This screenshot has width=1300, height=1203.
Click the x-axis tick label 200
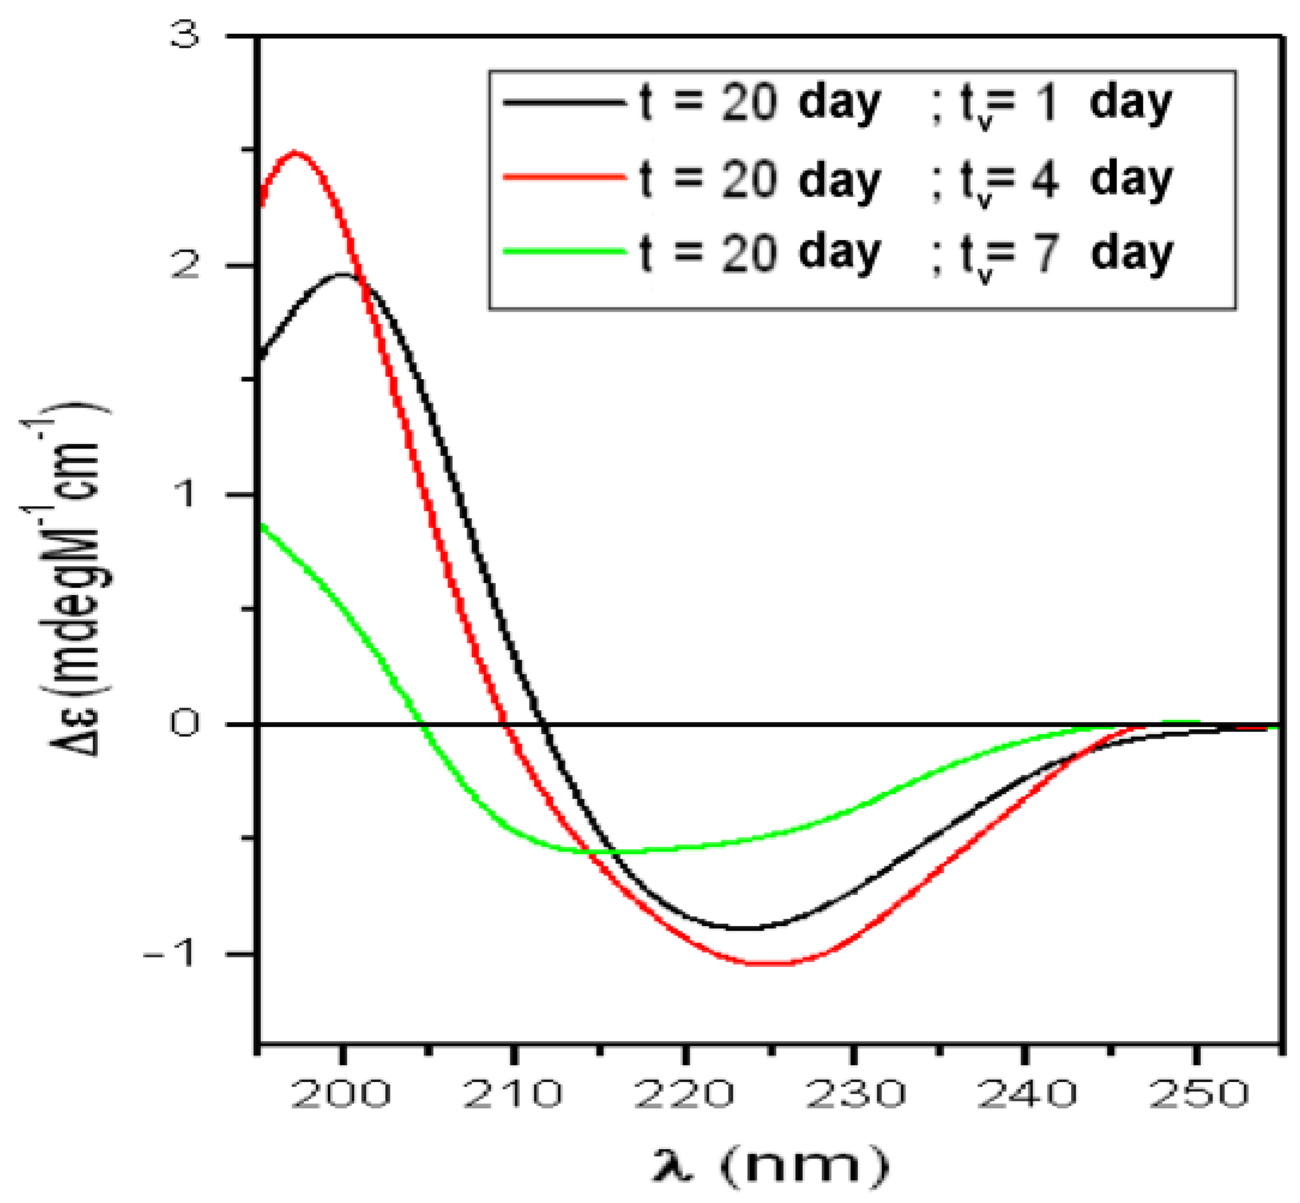click(341, 1094)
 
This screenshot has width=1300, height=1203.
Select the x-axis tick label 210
click(512, 1094)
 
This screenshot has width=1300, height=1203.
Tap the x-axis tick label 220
click(684, 1094)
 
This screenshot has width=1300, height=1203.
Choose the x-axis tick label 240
click(1026, 1094)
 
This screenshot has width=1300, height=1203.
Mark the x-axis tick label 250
click(1198, 1094)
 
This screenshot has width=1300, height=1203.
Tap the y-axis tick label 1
click(186, 495)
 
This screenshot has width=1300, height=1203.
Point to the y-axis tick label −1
click(170, 954)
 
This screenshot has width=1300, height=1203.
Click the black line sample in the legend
click(564, 102)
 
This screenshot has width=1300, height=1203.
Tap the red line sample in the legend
click(564, 177)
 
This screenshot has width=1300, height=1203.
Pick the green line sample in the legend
click(564, 251)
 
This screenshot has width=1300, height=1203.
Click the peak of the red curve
click(296, 152)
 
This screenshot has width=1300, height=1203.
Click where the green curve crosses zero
click(422, 724)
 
